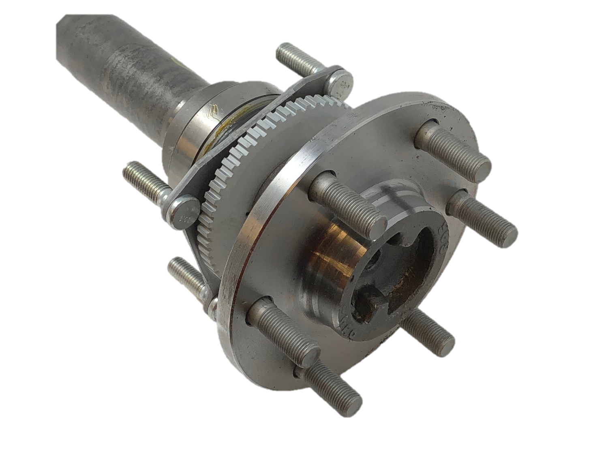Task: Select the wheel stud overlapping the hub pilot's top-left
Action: (x=349, y=205)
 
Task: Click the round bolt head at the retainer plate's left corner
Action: (x=184, y=211)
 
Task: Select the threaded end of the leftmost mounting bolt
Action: (x=142, y=180)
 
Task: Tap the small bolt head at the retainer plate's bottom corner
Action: (x=212, y=308)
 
